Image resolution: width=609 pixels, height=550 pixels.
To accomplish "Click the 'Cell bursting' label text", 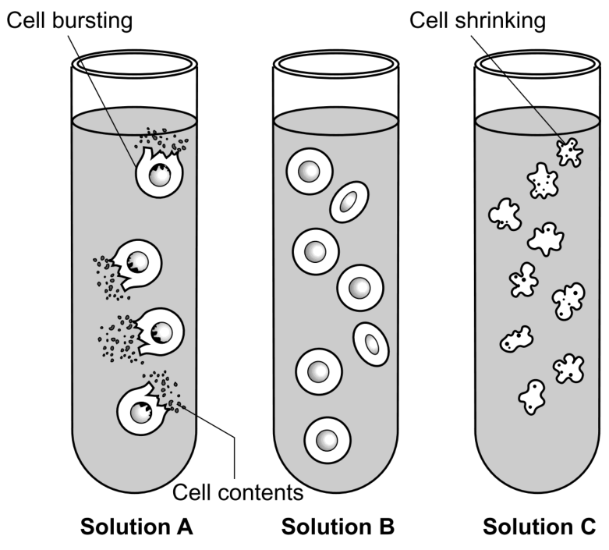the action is (x=69, y=20).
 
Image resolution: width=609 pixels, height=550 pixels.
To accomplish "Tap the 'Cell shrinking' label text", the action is (x=477, y=20).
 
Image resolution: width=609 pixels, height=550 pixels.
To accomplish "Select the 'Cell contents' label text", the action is (x=238, y=493).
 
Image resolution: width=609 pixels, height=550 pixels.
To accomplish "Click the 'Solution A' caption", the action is (x=136, y=527).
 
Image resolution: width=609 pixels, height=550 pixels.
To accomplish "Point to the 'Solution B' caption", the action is (x=338, y=527).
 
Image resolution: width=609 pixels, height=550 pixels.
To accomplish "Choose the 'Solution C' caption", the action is (x=539, y=527).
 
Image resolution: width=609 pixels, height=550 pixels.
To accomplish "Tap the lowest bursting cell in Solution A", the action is (x=142, y=410).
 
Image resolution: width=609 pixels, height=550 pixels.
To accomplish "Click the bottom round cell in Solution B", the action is (x=328, y=440).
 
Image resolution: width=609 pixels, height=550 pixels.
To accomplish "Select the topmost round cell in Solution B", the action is (x=310, y=172).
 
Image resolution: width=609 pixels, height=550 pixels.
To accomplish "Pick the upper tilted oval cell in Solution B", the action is (x=349, y=202).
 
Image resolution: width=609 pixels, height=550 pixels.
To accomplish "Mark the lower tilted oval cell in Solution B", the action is (x=371, y=344).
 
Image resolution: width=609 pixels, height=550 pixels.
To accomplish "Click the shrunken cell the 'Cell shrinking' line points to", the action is (x=569, y=152).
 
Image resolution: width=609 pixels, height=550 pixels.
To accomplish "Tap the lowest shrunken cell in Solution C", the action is (x=532, y=397).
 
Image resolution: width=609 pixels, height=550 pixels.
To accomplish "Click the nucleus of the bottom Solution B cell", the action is (x=327, y=440).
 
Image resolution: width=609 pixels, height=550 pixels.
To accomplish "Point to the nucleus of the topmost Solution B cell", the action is (x=309, y=172).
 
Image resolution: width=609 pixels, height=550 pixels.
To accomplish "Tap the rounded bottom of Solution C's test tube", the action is (x=537, y=492).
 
